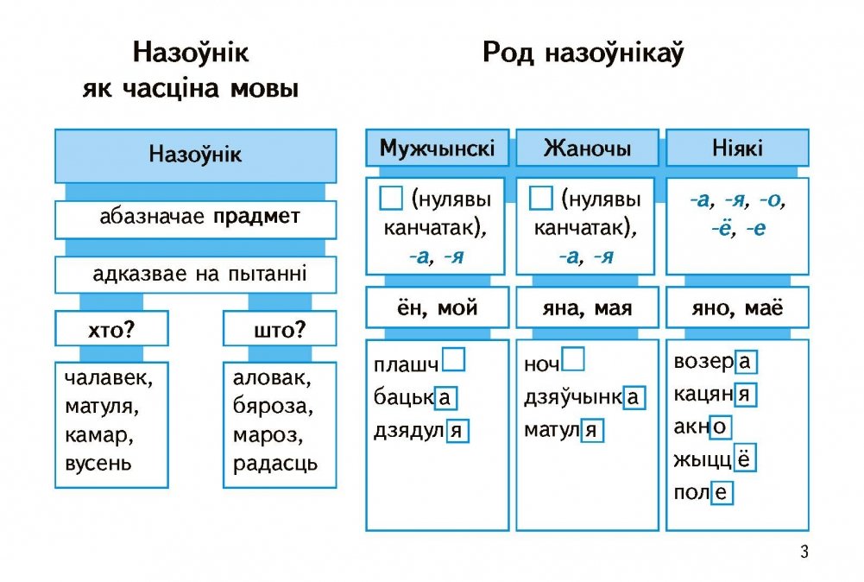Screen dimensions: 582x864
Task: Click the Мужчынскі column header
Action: pos(438,149)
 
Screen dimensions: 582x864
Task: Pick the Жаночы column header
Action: pos(587,149)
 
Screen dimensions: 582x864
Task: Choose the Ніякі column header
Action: pos(737,149)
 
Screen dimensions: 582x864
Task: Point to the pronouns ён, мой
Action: pos(438,307)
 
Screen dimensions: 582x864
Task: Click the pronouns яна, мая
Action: pos(587,307)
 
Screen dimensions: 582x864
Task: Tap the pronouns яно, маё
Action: pos(737,307)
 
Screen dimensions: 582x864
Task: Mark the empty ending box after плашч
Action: pos(453,359)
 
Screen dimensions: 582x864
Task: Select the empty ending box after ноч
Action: pos(572,359)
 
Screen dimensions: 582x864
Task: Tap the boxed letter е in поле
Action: pos(722,494)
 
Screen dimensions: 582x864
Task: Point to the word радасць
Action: pos(274,463)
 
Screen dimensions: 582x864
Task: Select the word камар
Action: pos(96,434)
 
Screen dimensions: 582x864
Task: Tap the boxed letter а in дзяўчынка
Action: pos(634,396)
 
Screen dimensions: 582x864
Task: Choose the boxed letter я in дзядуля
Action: pos(457,430)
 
